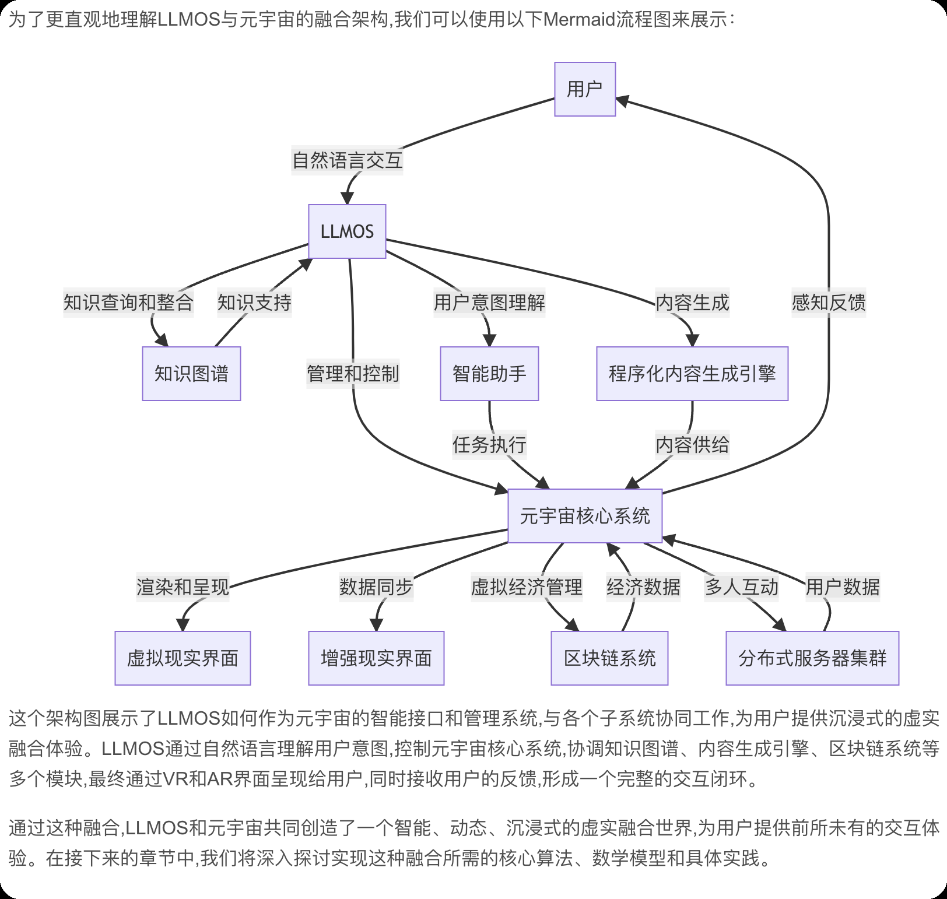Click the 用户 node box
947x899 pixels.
[x=584, y=89]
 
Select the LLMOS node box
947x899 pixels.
[x=347, y=231]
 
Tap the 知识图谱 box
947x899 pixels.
[x=191, y=374]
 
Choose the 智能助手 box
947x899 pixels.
[x=489, y=374]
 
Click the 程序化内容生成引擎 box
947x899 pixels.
[x=692, y=374]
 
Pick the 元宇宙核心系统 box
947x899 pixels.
[x=585, y=516]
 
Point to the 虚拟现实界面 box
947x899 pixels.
[x=183, y=658]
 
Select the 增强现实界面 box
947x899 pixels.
[x=376, y=658]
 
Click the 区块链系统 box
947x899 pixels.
[x=609, y=658]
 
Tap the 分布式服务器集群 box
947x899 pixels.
[x=812, y=658]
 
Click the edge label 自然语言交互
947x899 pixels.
[x=348, y=160]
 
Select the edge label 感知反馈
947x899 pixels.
[x=829, y=303]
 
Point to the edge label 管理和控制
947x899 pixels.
[x=353, y=374]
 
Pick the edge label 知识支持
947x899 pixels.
[x=254, y=303]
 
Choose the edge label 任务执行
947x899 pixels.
[x=489, y=445]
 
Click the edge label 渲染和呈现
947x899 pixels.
[x=183, y=587]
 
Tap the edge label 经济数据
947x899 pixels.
[x=643, y=587]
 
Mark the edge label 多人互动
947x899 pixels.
[x=741, y=587]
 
